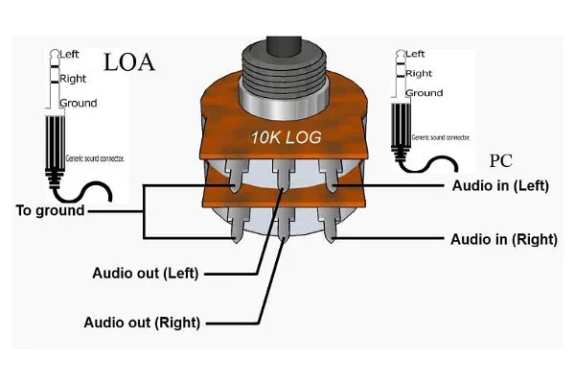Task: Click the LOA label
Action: [x=127, y=64]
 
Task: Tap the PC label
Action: [x=502, y=160]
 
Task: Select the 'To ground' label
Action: [x=49, y=210]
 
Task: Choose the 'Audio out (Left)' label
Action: [x=145, y=273]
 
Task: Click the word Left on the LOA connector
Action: [x=72, y=55]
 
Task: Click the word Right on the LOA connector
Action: [x=75, y=78]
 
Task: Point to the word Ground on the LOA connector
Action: [x=79, y=103]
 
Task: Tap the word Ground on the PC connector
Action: [x=424, y=93]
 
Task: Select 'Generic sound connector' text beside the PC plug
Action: [x=436, y=137]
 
